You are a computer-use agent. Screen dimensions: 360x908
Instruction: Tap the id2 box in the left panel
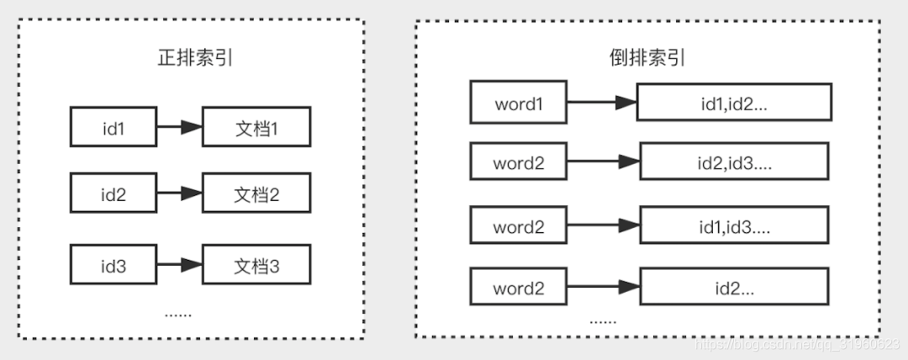tap(113, 195)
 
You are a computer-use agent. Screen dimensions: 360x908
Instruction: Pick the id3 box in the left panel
tap(113, 266)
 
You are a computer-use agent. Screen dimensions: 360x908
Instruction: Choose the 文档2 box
tap(256, 195)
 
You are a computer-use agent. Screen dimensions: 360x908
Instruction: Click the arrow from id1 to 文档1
tap(179, 128)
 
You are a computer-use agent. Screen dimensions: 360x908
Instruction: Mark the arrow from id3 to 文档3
tap(179, 266)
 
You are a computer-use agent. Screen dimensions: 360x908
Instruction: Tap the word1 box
tap(519, 103)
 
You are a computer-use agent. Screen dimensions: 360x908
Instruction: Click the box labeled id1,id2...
tap(734, 103)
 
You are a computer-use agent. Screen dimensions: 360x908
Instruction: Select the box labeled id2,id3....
tap(734, 163)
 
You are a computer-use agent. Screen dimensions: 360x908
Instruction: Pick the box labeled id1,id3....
tap(734, 227)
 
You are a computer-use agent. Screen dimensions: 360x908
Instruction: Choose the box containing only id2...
tap(734, 289)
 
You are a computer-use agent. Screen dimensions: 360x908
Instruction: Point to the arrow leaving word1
tap(602, 103)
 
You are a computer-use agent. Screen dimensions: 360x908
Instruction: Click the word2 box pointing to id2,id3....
tap(519, 163)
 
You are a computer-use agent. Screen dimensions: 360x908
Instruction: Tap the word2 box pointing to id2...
tap(519, 289)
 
